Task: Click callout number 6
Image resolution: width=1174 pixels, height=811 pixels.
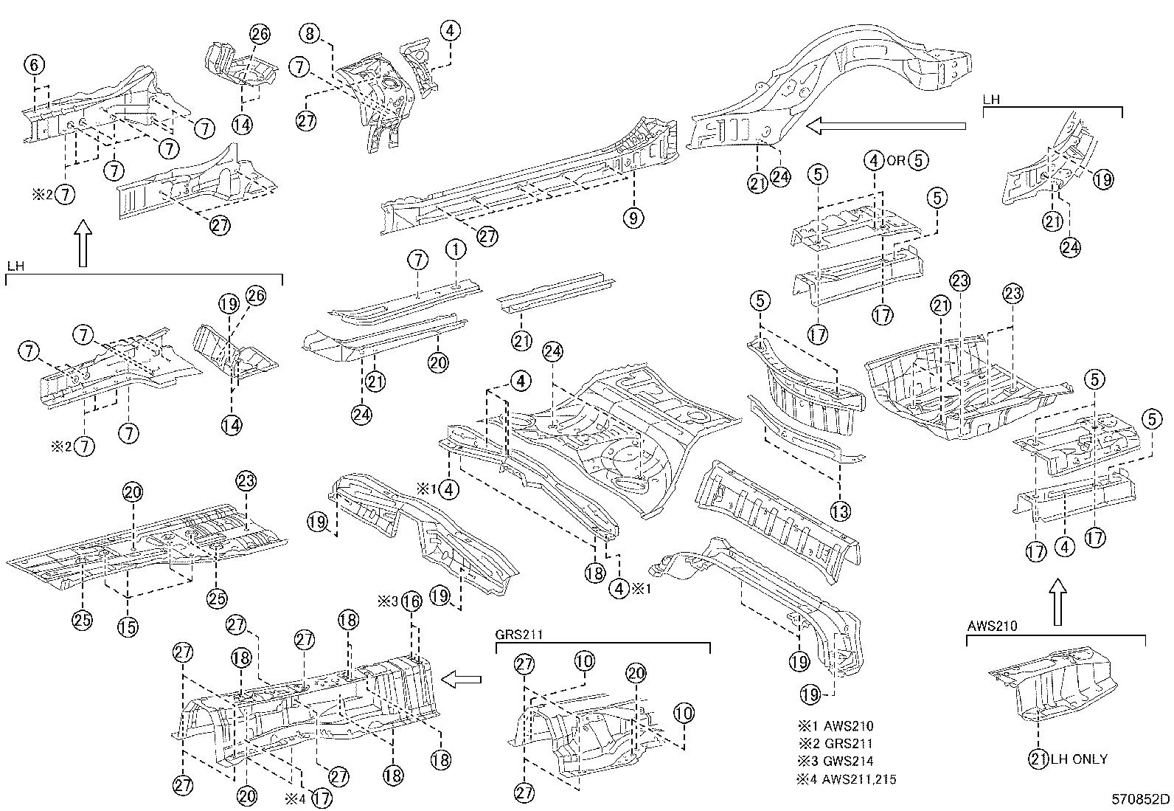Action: click(34, 65)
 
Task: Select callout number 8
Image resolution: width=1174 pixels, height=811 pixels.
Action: click(310, 33)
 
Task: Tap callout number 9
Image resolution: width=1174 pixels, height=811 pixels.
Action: click(633, 218)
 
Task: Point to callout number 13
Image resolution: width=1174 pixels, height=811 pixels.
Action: click(841, 510)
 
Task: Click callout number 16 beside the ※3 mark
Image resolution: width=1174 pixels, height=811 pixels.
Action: click(411, 601)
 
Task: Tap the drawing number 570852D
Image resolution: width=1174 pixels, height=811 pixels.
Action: click(1141, 798)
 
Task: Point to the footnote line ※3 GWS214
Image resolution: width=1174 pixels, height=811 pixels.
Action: click(836, 762)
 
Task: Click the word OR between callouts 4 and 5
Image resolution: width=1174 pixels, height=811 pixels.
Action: click(895, 160)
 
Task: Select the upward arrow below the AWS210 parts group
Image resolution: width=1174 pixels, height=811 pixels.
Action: click(1057, 601)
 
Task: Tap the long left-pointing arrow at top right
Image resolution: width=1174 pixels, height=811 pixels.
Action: click(885, 126)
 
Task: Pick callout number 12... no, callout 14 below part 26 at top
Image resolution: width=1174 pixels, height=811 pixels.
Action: click(242, 125)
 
